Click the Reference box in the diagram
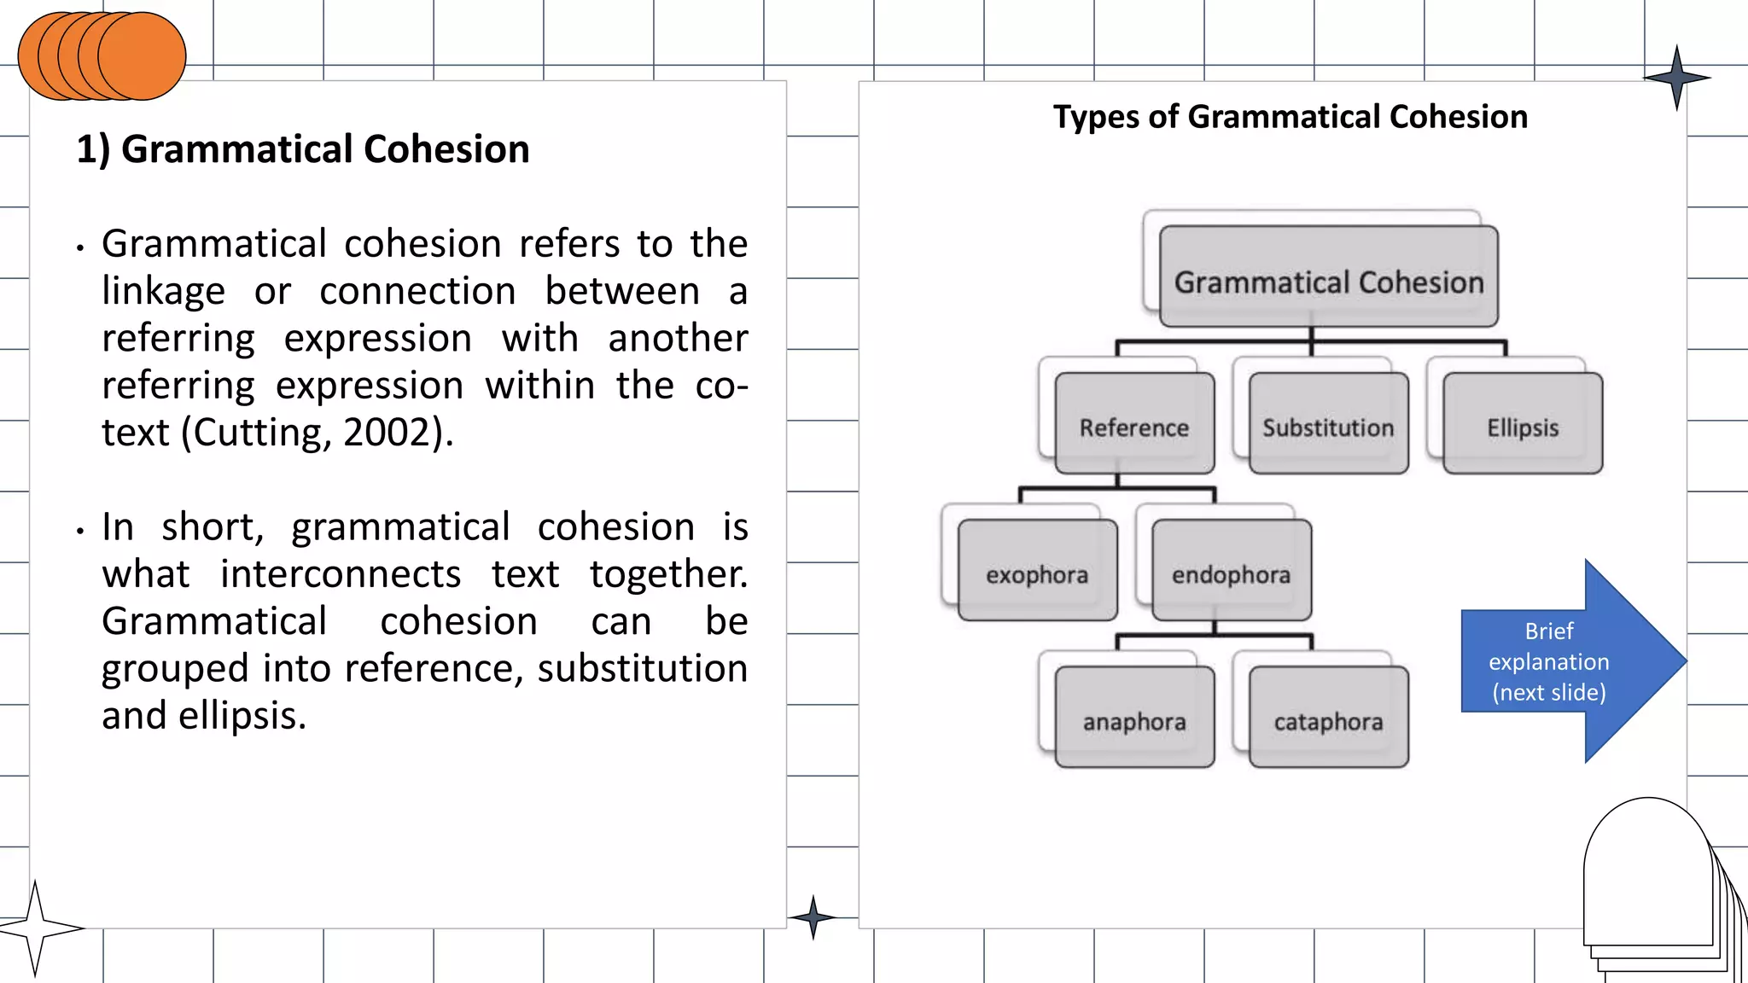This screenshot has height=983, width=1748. [x=1134, y=424]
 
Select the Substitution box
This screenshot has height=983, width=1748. [x=1328, y=424]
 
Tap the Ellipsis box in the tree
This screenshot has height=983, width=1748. [x=1523, y=424]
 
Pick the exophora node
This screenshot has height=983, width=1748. [x=1037, y=571]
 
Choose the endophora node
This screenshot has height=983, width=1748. [x=1231, y=571]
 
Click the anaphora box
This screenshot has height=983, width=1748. [x=1134, y=718]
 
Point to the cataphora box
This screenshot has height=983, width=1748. [x=1328, y=718]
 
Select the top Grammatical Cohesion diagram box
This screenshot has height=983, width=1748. [x=1328, y=277]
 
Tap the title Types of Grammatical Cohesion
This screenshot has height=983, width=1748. [x=1290, y=117]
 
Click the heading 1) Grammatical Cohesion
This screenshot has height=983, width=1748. [x=303, y=149]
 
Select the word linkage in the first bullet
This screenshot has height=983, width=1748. [x=163, y=292]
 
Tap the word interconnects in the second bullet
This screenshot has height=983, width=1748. [x=341, y=574]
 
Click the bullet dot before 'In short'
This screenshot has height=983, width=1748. [x=80, y=531]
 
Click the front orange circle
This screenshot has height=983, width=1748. [x=143, y=56]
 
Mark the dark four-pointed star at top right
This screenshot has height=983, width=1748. [x=1676, y=78]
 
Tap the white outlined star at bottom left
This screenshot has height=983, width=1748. [x=36, y=928]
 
